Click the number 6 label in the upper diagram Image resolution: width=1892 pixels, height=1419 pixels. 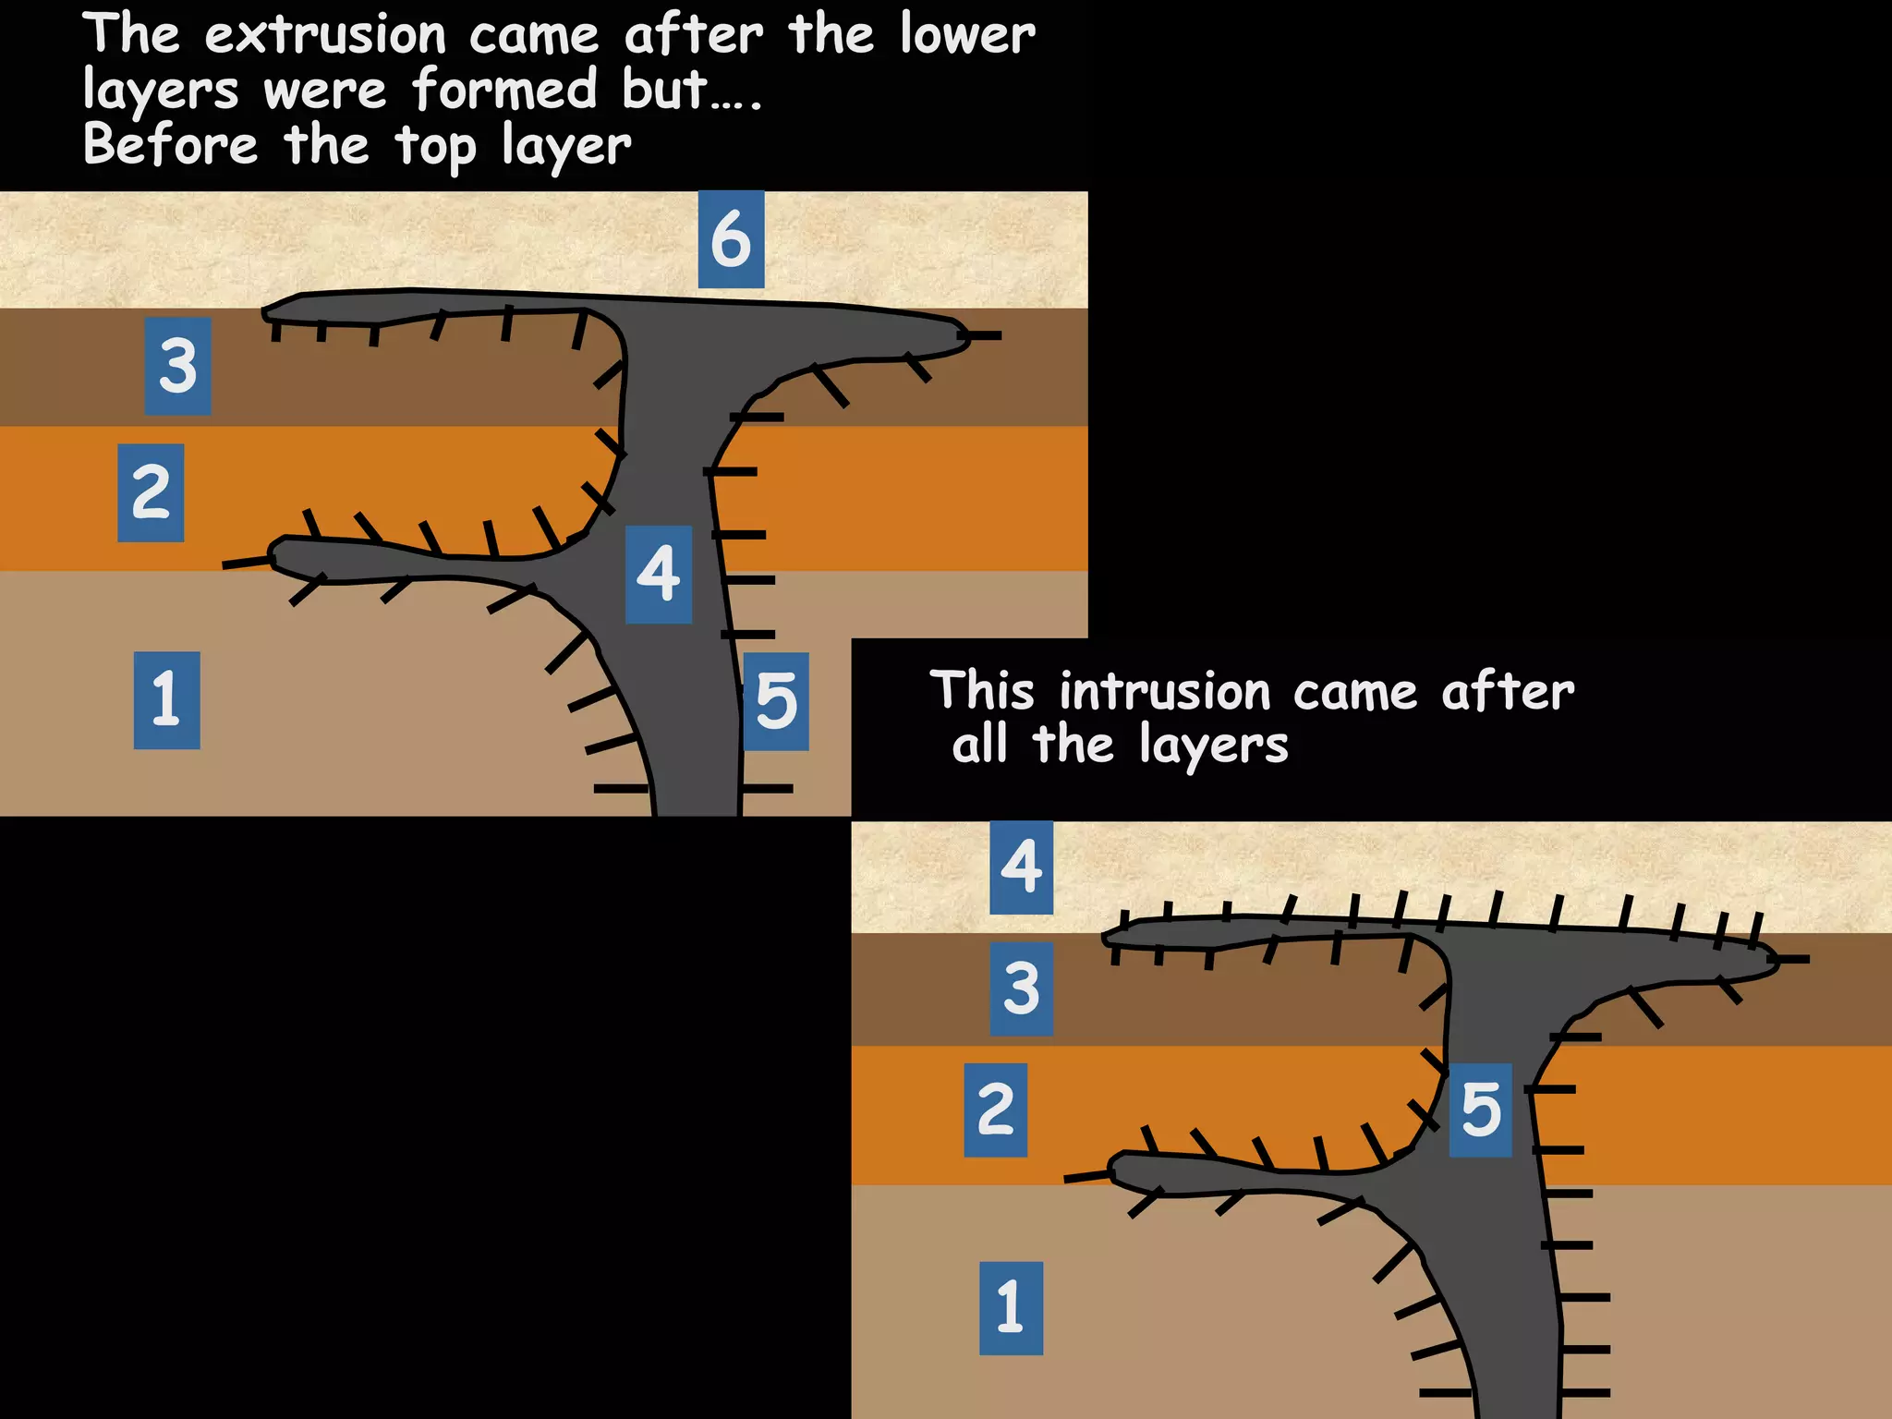pyautogui.click(x=731, y=239)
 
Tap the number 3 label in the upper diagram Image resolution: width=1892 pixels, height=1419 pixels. pyautogui.click(x=177, y=366)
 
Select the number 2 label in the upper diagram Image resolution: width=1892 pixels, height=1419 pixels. pyautogui.click(x=151, y=492)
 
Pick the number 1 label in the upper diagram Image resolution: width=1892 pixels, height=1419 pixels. pyautogui.click(x=166, y=699)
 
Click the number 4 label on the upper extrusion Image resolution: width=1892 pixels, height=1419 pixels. pyautogui.click(x=659, y=574)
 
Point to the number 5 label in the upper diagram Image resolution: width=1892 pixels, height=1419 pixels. pyautogui.click(x=776, y=701)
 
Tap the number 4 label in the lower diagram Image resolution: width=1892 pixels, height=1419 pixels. pyautogui.click(x=1021, y=867)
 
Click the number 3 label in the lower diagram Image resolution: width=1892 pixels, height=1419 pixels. pyautogui.click(x=1021, y=988)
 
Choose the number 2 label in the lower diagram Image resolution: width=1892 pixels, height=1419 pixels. pyautogui.click(x=995, y=1110)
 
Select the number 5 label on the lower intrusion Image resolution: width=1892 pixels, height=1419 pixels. pyautogui.click(x=1480, y=1110)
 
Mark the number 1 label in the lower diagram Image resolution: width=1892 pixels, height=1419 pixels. pyautogui.click(x=1011, y=1307)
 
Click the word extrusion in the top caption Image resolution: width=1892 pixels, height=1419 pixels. pyautogui.click(x=325, y=36)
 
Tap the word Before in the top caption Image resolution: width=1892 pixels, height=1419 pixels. pyautogui.click(x=171, y=146)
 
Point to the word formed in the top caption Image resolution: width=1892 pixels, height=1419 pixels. pyautogui.click(x=505, y=91)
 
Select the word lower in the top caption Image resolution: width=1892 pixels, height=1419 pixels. pyautogui.click(x=967, y=36)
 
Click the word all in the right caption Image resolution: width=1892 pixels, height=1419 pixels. pyautogui.click(x=979, y=745)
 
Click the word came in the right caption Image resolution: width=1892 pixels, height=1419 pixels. pyautogui.click(x=1354, y=693)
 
